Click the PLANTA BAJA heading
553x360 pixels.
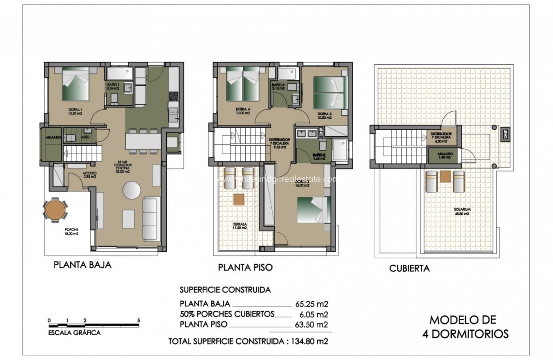(x=82, y=265)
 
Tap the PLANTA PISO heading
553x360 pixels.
(x=245, y=267)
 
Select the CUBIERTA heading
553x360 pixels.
(x=409, y=269)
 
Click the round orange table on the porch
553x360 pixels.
(x=54, y=210)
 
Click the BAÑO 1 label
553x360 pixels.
(x=114, y=86)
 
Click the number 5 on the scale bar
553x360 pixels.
(x=138, y=321)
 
